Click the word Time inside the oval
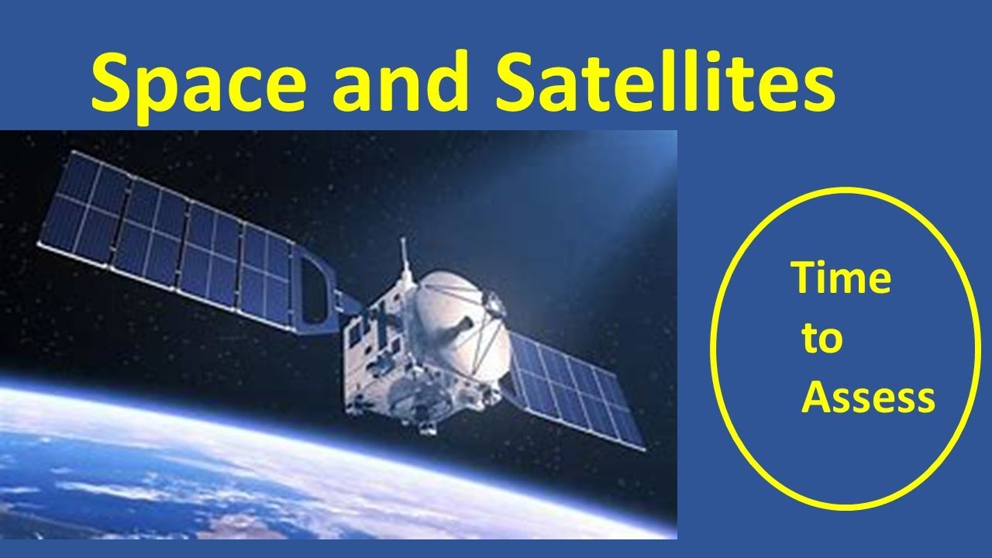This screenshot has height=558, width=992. point(840,278)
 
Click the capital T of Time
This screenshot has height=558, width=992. point(802,278)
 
